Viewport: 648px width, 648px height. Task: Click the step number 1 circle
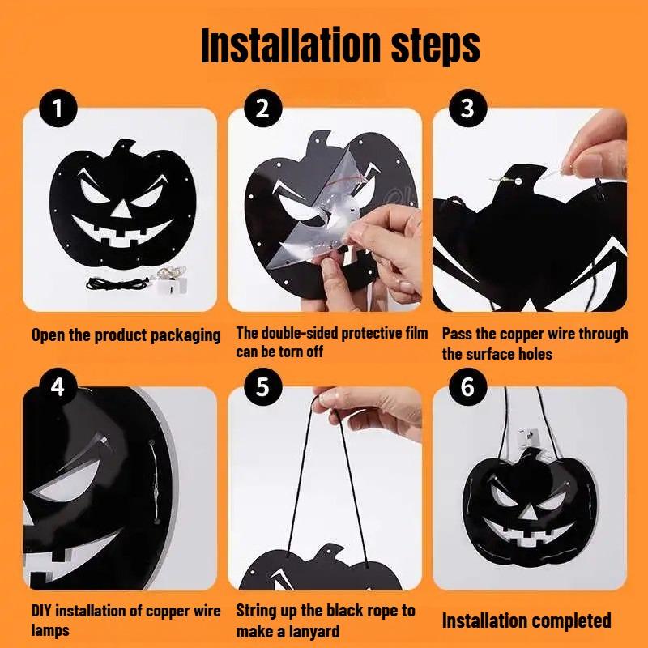click(58, 109)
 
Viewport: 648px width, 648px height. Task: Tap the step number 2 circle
click(262, 109)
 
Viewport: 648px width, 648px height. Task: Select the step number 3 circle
click(467, 109)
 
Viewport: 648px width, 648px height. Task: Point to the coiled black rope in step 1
click(113, 283)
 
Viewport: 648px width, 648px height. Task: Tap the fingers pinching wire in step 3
click(595, 154)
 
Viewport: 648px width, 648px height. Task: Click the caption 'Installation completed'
click(526, 621)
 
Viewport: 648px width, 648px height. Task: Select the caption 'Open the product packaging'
click(126, 335)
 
